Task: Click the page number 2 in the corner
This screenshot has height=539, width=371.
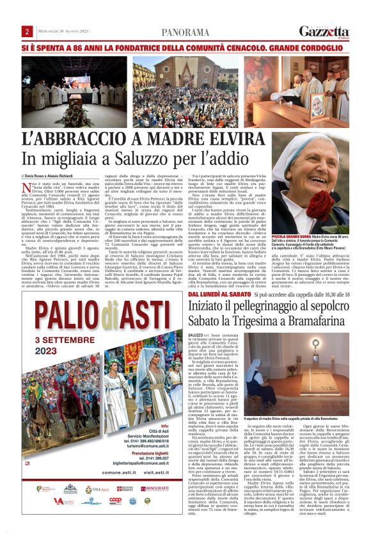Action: click(28, 31)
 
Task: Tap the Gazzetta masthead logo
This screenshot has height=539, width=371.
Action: click(324, 31)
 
